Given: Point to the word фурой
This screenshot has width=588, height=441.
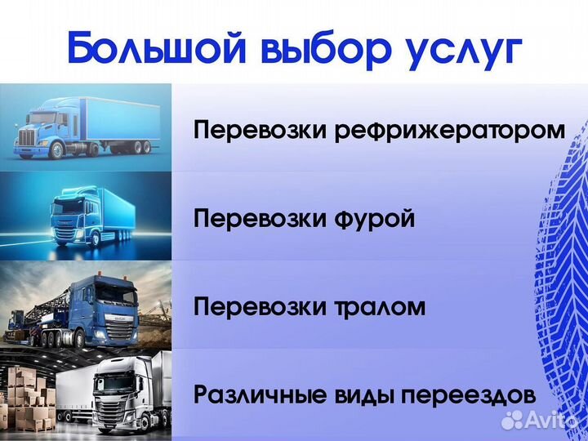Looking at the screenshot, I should [x=376, y=220].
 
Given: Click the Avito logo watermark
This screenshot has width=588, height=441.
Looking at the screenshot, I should [x=541, y=420].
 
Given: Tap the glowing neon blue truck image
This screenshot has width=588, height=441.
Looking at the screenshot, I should [x=85, y=216].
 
